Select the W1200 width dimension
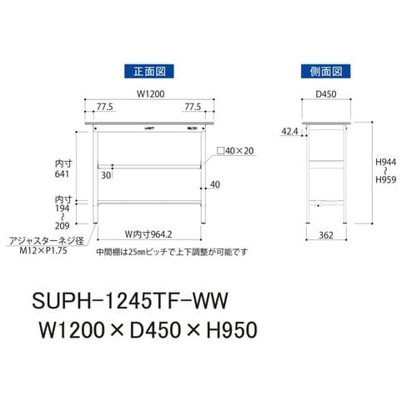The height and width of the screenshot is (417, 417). (x=147, y=95)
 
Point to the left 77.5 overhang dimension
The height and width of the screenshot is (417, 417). (x=103, y=108)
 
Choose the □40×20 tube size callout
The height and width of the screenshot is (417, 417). (x=237, y=151)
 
